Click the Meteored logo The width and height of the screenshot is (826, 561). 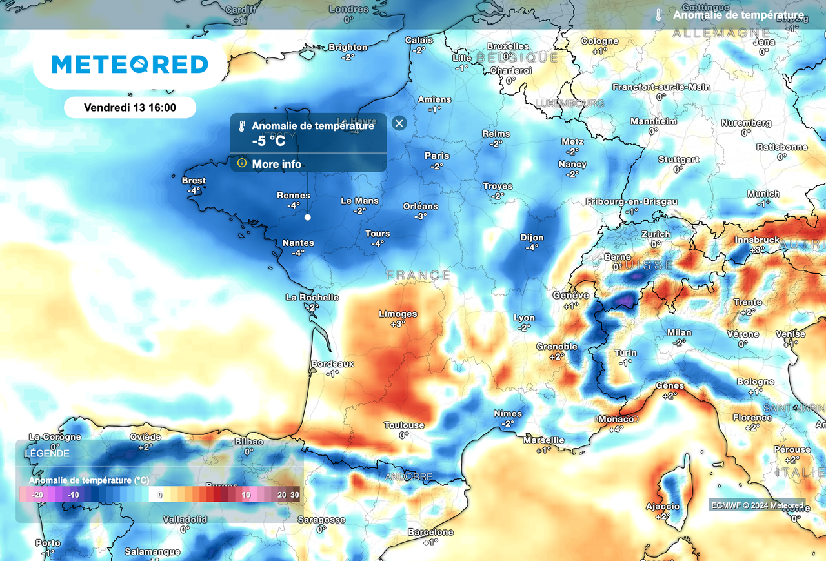point(130,64)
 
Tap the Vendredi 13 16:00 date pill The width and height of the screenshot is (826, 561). point(130,107)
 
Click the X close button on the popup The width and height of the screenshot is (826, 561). point(399,123)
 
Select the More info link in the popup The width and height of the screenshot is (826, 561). point(276,164)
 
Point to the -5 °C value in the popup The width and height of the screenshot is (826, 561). point(268,140)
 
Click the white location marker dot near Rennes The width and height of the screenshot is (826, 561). point(308,218)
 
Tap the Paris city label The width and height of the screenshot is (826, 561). point(437,156)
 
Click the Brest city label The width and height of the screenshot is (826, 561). point(194,181)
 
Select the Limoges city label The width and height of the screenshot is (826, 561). point(398,314)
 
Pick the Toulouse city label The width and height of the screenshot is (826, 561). point(404,425)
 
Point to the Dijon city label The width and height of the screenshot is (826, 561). point(532,238)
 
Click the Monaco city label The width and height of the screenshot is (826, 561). point(616,419)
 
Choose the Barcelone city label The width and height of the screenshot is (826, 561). point(430,533)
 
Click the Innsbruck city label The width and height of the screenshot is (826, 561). point(758,240)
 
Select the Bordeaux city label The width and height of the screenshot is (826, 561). point(332,364)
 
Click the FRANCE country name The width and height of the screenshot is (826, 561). point(418,276)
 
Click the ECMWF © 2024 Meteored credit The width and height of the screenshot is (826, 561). point(757,505)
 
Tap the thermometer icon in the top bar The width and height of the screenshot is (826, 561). point(658,15)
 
